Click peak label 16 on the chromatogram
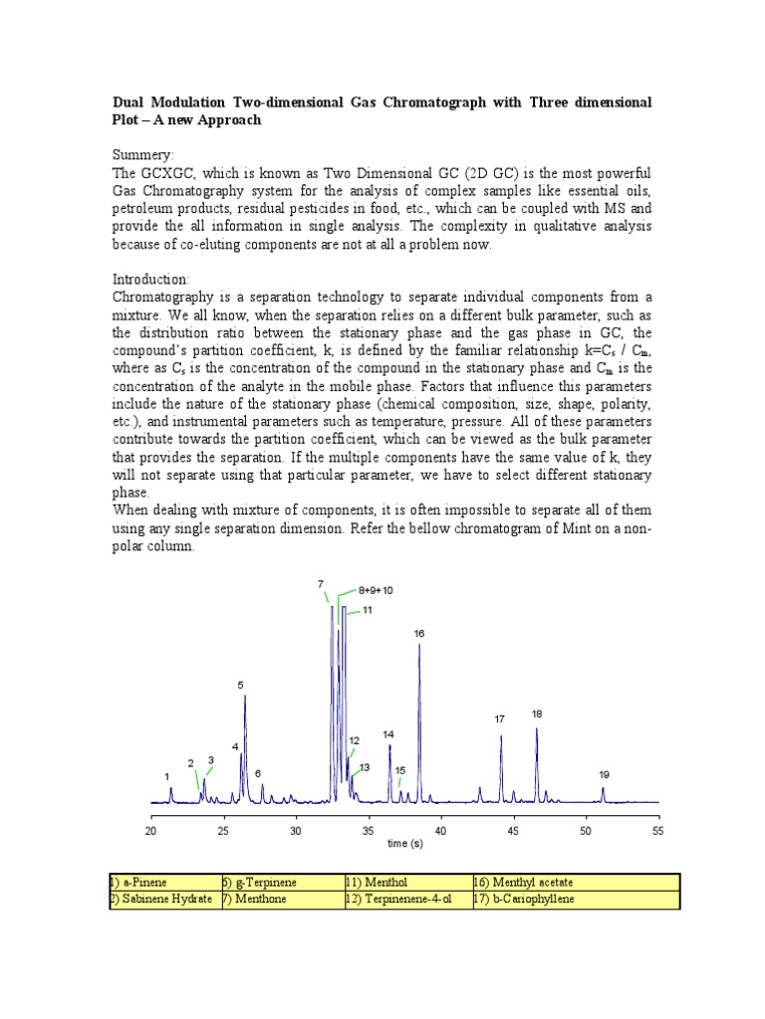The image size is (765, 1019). click(419, 633)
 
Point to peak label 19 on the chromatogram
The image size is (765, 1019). click(604, 774)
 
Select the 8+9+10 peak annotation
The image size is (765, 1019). click(376, 590)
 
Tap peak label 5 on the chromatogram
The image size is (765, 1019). click(240, 685)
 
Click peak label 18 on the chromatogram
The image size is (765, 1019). click(537, 713)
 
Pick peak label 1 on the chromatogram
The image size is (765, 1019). click(167, 775)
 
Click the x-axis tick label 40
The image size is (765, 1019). click(440, 829)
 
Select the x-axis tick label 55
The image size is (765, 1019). click(657, 829)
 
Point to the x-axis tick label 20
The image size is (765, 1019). click(151, 829)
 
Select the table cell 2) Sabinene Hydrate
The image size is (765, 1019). click(161, 901)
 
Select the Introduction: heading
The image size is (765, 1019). click(149, 280)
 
